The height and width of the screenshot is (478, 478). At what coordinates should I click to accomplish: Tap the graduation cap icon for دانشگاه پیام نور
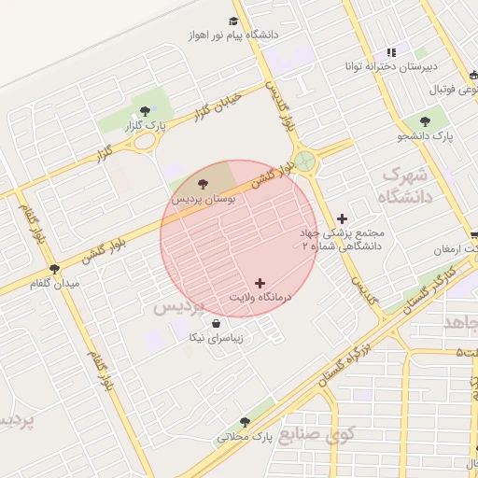(x=232, y=21)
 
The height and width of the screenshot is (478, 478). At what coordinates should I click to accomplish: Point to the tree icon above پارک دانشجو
(x=426, y=120)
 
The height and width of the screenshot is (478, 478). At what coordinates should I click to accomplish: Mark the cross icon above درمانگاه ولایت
(x=260, y=282)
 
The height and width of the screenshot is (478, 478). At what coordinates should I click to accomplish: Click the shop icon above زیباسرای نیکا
(x=217, y=323)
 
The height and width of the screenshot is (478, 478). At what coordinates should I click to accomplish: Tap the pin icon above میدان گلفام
(x=53, y=269)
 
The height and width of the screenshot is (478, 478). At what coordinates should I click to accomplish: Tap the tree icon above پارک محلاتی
(x=245, y=422)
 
